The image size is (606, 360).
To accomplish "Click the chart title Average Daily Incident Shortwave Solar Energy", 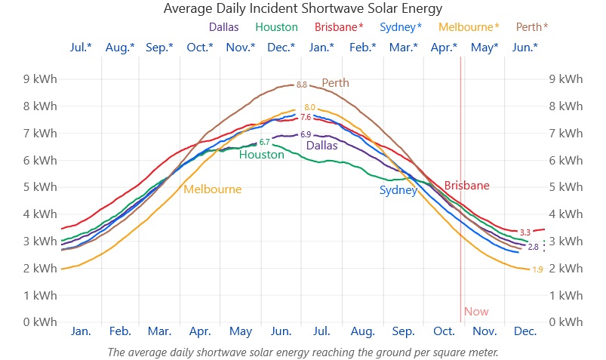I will (x=303, y=8).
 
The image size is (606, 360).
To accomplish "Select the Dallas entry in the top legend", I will (x=224, y=27).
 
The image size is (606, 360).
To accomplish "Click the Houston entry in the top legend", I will (x=277, y=27).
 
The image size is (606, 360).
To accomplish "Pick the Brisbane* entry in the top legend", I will (x=339, y=27).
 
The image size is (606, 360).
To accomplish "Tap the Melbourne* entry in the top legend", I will (x=469, y=27).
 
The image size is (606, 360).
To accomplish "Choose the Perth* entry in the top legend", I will (x=532, y=27).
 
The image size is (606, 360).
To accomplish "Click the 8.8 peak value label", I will (x=302, y=85).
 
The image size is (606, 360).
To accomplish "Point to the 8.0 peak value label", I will (x=309, y=107).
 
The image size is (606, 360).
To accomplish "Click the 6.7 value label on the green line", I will (x=264, y=142).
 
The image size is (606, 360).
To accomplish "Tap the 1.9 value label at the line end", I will (x=537, y=269).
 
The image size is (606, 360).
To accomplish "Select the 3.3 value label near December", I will (x=525, y=232).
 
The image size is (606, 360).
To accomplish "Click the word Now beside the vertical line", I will (x=476, y=312).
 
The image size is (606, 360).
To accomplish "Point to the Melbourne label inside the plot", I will (x=212, y=189).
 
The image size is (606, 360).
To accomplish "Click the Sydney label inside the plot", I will (x=398, y=190).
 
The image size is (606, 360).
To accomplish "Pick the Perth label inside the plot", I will (x=335, y=83).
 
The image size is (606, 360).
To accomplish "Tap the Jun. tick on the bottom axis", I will (x=281, y=331).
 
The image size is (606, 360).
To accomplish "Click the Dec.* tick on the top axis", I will (x=281, y=48).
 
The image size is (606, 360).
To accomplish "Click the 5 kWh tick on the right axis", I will (x=566, y=187).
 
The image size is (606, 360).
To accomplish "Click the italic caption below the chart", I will (x=303, y=352).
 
